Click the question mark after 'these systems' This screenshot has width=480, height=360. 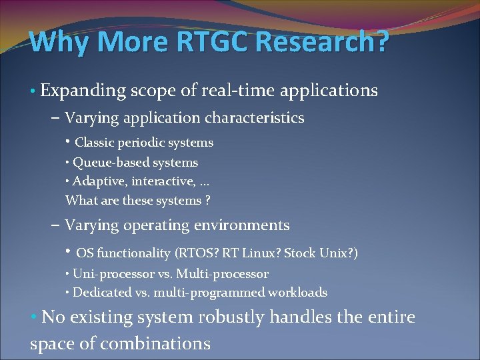207,201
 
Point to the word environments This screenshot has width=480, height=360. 245,225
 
